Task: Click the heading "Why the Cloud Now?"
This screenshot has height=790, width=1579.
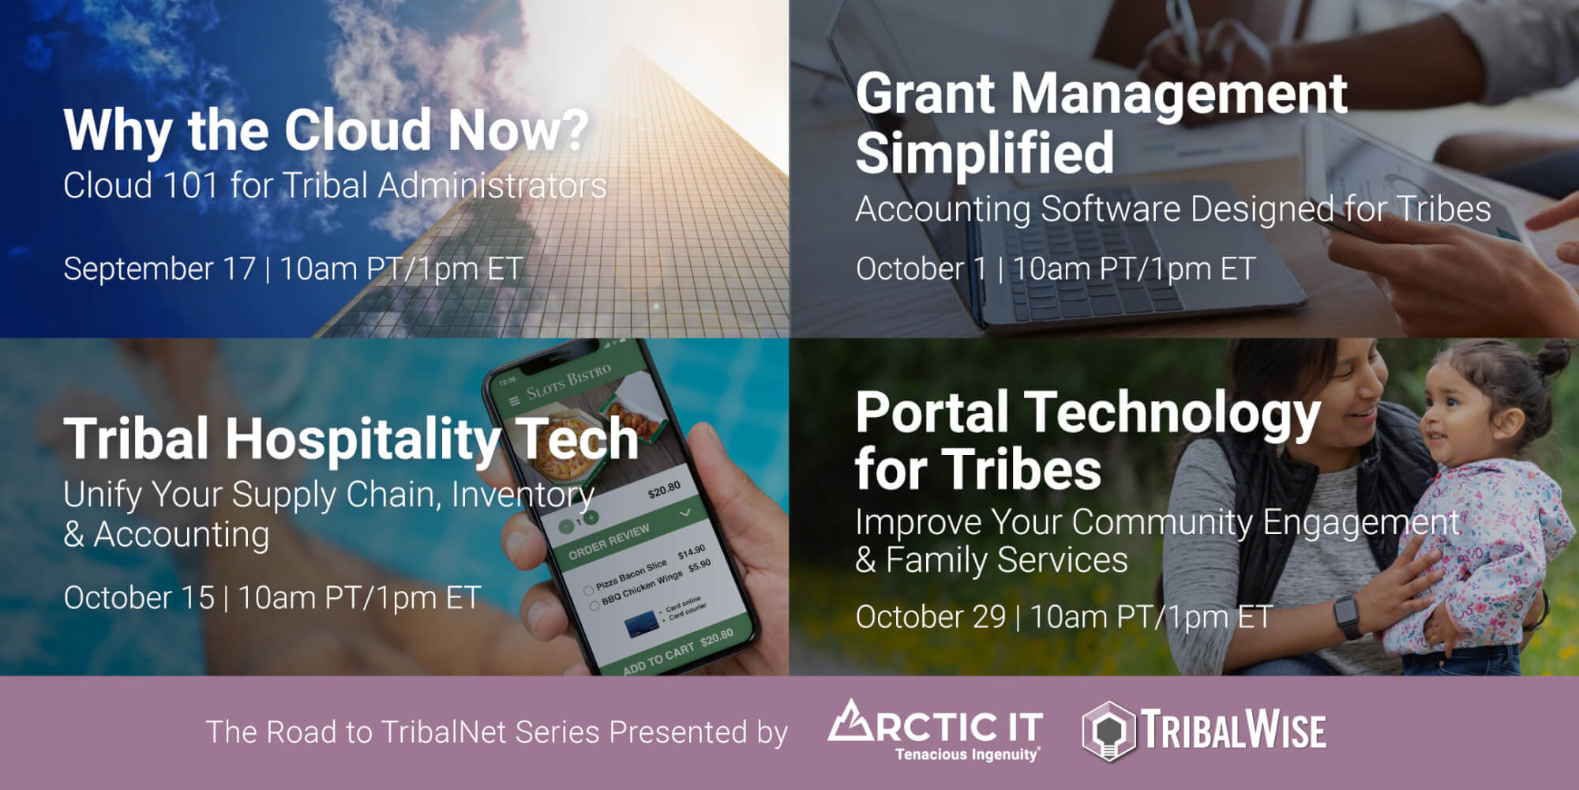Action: pos(326,130)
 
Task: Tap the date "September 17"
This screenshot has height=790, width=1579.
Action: pos(159,269)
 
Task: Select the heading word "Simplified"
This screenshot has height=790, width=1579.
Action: pos(985,153)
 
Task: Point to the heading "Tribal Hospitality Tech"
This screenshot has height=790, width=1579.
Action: pos(351,438)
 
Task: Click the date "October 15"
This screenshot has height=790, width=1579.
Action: pos(139,598)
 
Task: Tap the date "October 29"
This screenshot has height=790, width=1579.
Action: pos(931,617)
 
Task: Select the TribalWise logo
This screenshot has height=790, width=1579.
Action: pos(1204,731)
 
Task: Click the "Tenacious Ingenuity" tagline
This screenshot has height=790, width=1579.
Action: pos(967,754)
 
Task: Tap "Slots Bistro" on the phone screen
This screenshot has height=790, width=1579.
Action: pos(569,381)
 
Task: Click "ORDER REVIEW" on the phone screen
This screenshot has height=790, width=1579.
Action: pos(609,541)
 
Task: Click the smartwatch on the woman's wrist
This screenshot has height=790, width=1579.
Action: pos(1348,616)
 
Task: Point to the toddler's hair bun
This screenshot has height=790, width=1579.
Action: pos(1558,359)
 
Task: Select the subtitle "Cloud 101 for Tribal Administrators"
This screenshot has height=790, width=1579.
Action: pos(335,186)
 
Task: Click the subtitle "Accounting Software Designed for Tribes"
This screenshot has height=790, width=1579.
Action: pos(1173,209)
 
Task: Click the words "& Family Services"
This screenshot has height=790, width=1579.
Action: pos(992,560)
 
